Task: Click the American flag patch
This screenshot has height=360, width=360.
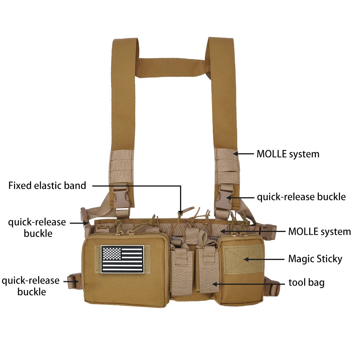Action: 122,259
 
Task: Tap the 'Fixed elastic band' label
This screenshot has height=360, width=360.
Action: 47,186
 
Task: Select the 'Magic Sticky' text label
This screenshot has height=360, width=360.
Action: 315,259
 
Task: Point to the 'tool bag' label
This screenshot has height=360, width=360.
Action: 306,283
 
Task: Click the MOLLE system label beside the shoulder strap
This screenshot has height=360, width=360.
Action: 288,154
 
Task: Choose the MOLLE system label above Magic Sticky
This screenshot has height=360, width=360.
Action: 320,232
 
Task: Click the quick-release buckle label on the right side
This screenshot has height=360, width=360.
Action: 301,197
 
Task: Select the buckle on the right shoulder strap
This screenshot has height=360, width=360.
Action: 223,198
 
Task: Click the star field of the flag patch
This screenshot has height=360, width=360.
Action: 111,254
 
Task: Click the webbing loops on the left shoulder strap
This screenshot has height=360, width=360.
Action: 121,166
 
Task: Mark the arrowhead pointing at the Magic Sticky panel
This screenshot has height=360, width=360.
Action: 246,260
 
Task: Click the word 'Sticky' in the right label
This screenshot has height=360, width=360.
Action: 328,259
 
